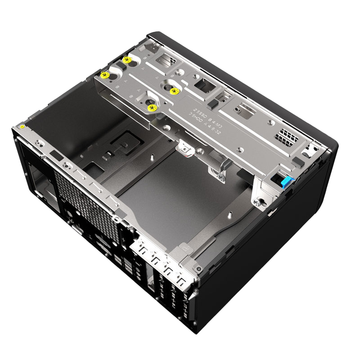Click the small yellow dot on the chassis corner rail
click(x=23, y=126)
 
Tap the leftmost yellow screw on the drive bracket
click(x=105, y=75)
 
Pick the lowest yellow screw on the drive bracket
click(x=151, y=107)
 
